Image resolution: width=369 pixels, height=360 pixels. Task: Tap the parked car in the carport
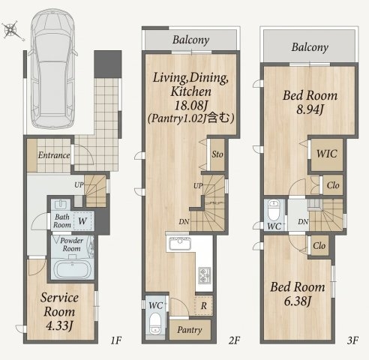click(52, 69)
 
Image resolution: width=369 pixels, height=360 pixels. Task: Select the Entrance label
click(54, 155)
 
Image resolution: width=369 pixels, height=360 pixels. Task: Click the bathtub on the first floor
click(73, 270)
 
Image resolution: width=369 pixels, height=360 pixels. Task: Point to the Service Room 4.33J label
click(59, 311)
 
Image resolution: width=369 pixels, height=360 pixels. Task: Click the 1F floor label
click(116, 340)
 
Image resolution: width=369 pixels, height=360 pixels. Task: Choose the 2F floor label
click(234, 340)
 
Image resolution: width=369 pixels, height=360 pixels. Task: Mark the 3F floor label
click(352, 340)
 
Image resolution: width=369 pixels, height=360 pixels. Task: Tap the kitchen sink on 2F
click(180, 244)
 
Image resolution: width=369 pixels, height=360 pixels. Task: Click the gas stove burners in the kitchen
click(205, 275)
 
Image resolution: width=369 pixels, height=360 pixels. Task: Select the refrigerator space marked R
click(203, 306)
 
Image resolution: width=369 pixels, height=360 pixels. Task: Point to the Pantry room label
click(190, 330)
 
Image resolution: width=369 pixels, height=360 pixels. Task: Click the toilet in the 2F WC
click(155, 323)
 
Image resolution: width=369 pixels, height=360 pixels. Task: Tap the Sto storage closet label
click(217, 154)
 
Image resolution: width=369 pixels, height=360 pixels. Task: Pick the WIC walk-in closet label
click(327, 154)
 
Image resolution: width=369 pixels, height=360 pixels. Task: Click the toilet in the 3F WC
click(274, 210)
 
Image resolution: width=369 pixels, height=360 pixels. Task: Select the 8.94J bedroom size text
click(310, 109)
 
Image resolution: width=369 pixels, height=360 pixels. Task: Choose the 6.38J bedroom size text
click(298, 301)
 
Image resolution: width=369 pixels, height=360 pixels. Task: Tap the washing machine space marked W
click(82, 221)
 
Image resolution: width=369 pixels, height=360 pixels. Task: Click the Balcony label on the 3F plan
click(310, 47)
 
